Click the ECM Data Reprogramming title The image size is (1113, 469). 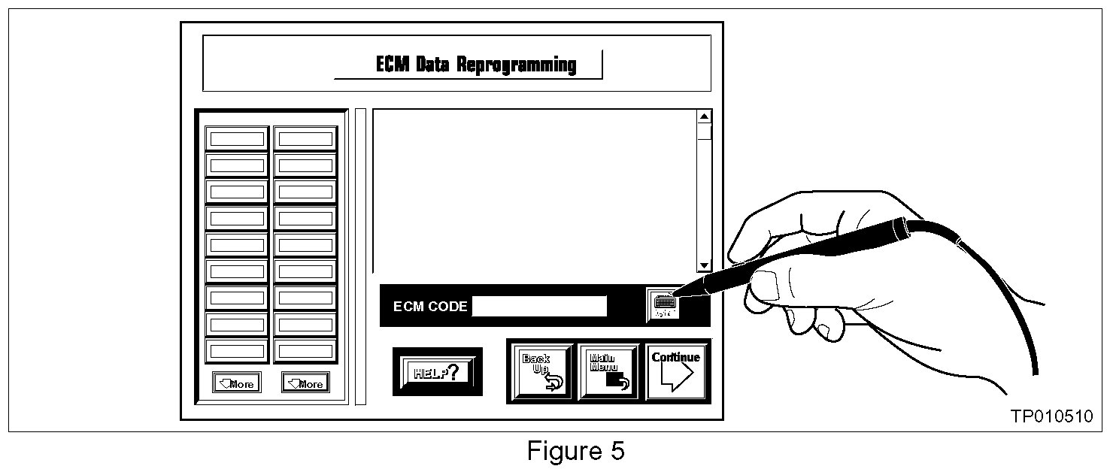pyautogui.click(x=476, y=65)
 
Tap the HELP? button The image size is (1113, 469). pyautogui.click(x=438, y=371)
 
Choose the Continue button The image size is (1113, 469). pyautogui.click(x=675, y=371)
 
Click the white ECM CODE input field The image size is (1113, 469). pyautogui.click(x=538, y=306)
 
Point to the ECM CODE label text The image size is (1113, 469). pyautogui.click(x=429, y=307)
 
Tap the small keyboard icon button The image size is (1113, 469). pyautogui.click(x=663, y=304)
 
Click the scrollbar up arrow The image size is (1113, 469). pyautogui.click(x=704, y=116)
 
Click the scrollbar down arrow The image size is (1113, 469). pyautogui.click(x=704, y=265)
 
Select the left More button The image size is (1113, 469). pyautogui.click(x=236, y=383)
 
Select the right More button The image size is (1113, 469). pyautogui.click(x=305, y=383)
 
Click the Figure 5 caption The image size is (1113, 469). pyautogui.click(x=575, y=451)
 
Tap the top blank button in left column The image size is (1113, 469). pyautogui.click(x=237, y=138)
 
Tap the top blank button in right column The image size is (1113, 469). pyautogui.click(x=305, y=138)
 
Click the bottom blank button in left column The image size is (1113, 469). pyautogui.click(x=237, y=351)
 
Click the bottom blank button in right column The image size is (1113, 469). pyautogui.click(x=305, y=351)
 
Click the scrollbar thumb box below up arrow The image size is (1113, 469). pyautogui.click(x=704, y=132)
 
